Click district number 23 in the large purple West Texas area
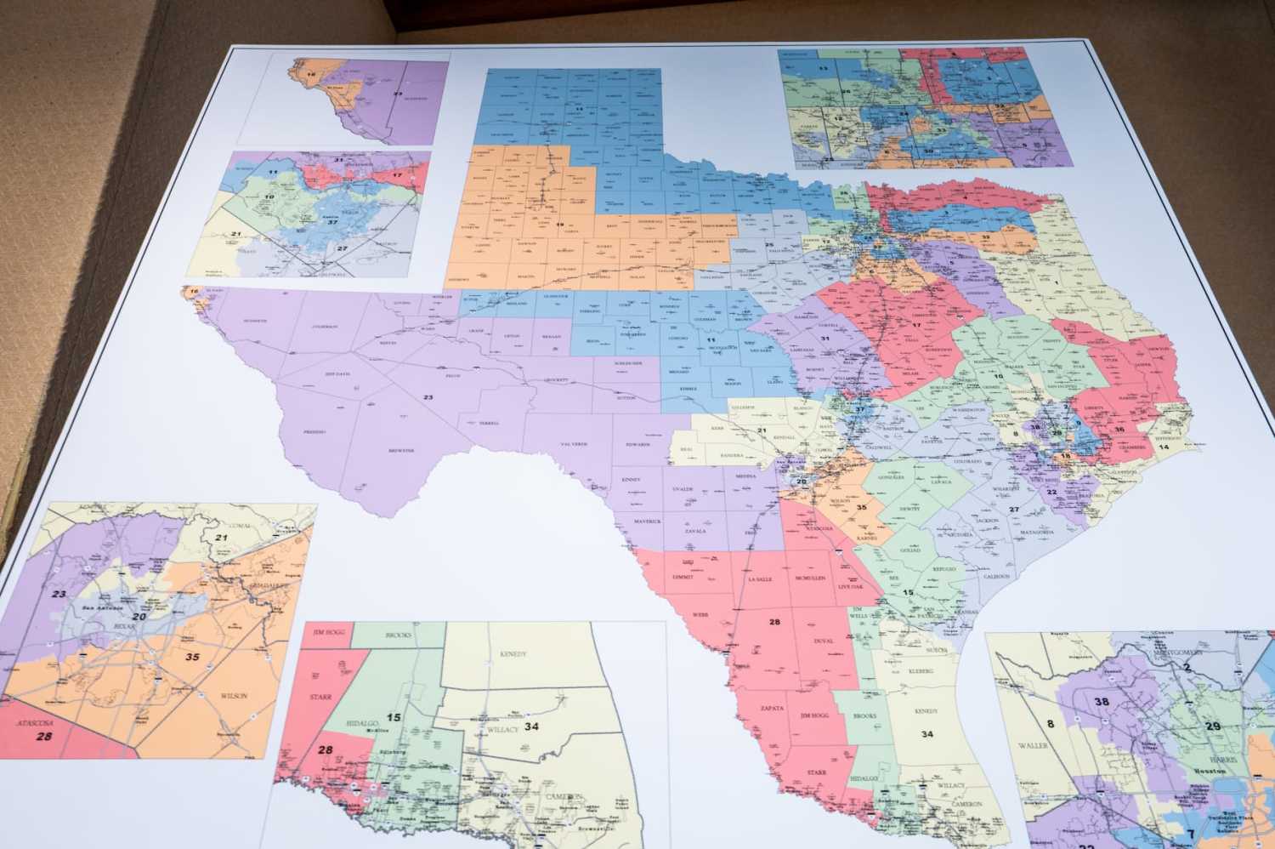click(428, 397)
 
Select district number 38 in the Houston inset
click(1102, 702)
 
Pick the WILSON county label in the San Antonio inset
click(233, 696)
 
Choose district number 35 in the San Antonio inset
click(192, 657)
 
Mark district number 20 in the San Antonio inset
click(139, 616)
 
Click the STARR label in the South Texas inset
click(320, 697)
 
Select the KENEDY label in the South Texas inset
click(513, 654)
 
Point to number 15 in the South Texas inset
click(394, 717)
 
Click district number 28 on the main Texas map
click(774, 622)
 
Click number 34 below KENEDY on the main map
click(926, 733)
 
